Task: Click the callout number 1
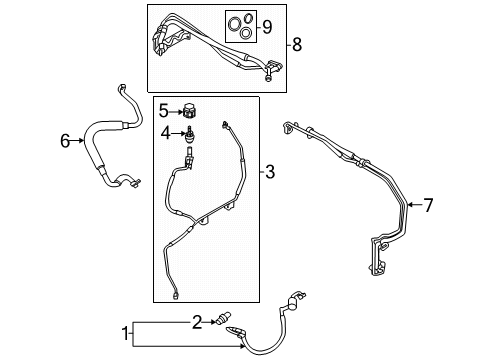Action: click(x=126, y=332)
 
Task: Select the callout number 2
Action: click(x=198, y=321)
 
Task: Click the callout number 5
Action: click(x=164, y=111)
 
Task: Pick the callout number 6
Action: click(x=65, y=141)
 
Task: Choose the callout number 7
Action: click(x=428, y=205)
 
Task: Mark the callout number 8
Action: click(x=295, y=44)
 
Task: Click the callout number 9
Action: click(x=266, y=27)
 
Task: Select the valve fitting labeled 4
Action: click(x=187, y=132)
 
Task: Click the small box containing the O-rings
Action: click(x=240, y=28)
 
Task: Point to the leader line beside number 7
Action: click(x=415, y=205)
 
